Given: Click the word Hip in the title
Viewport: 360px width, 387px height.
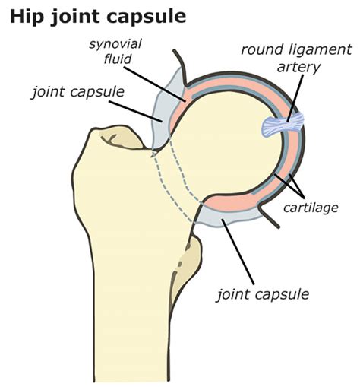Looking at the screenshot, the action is pos(26,17).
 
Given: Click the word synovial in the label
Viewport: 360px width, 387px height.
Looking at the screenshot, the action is pos(115,44).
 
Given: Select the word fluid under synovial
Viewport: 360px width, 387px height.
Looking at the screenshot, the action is pos(118,59).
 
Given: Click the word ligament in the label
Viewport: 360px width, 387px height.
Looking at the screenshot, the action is pos(320,50).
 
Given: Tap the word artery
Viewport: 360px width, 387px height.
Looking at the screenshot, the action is pos(298,68).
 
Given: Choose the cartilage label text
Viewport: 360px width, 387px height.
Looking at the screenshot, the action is pos(311,208).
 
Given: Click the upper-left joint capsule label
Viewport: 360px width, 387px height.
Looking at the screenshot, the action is pos(78,92).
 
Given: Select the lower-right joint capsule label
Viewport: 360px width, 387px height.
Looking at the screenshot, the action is pos(264,294).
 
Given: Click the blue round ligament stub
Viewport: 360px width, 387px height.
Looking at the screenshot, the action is pos(283,125).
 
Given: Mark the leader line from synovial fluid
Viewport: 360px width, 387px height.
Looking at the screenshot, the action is pos(155,84).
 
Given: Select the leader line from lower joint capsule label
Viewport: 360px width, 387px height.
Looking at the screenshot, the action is pos(238,252).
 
